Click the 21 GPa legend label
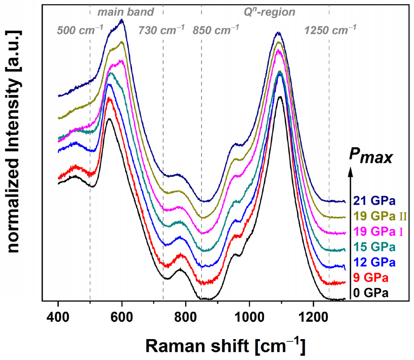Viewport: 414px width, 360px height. click(x=374, y=201)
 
